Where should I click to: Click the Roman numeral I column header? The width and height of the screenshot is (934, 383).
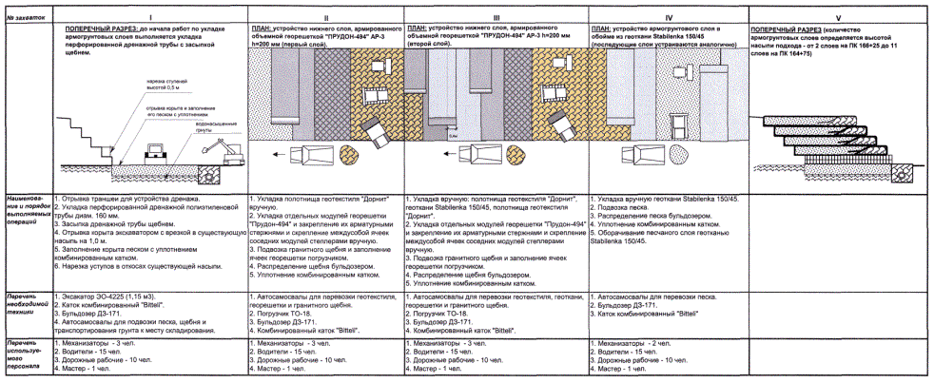coord(150,17)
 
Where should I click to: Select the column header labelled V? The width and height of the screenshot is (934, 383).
coord(838,17)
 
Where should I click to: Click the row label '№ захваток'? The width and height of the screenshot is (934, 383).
coord(25,17)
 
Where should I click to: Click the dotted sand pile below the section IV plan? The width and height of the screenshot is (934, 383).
coord(681,155)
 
